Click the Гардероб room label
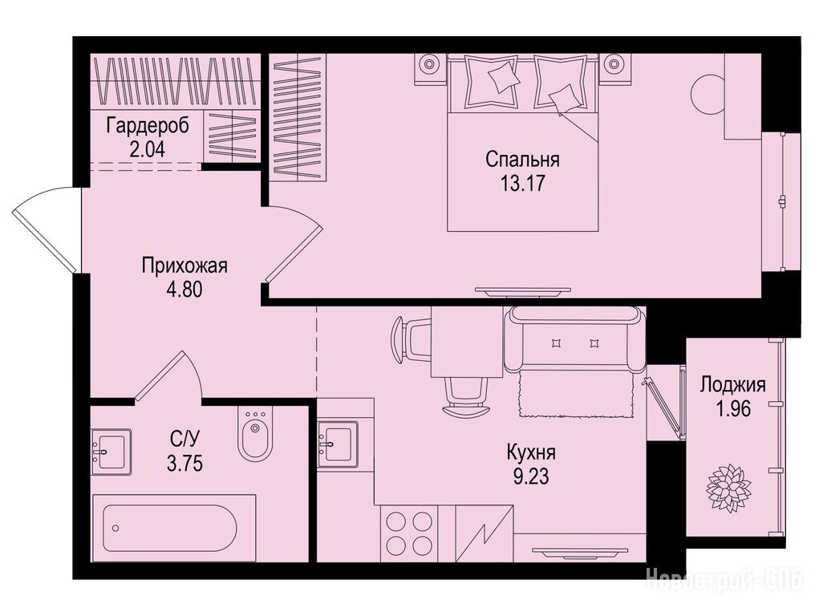pyautogui.click(x=147, y=126)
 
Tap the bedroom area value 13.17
pyautogui.click(x=523, y=183)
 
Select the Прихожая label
pyautogui.click(x=185, y=266)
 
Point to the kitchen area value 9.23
pyautogui.click(x=531, y=476)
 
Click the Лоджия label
pyautogui.click(x=733, y=385)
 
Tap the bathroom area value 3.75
pyautogui.click(x=184, y=463)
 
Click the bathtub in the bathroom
pyautogui.click(x=173, y=528)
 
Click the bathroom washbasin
pyautogui.click(x=110, y=452)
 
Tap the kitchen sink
pyautogui.click(x=338, y=444)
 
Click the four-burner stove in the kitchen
pyautogui.click(x=410, y=533)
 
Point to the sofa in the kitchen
pyautogui.click(x=574, y=338)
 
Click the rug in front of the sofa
pyautogui.click(x=575, y=394)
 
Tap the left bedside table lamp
pyautogui.click(x=429, y=64)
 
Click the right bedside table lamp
pyautogui.click(x=614, y=64)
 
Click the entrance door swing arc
pyautogui.click(x=42, y=229)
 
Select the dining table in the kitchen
pyautogui.click(x=468, y=341)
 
